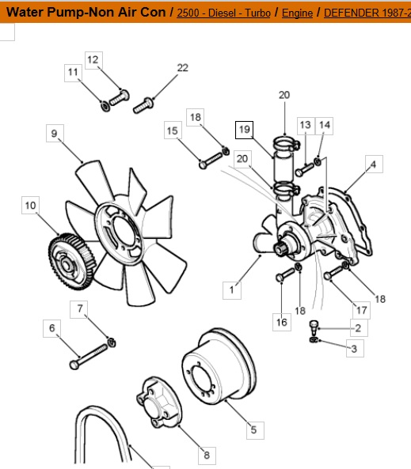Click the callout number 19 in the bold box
pos(245,130)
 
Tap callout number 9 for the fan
pos(55,133)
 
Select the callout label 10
pos(31,205)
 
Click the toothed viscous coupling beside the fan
pos(71,262)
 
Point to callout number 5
pos(254,429)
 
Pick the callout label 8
pos(207,455)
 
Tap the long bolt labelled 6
pos(89,357)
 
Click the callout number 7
pos(79,309)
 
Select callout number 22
pos(183,68)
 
